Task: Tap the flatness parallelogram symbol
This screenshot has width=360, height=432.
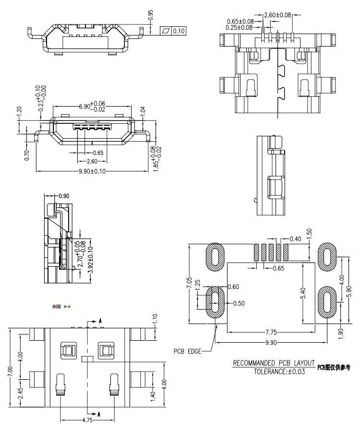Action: [166, 31]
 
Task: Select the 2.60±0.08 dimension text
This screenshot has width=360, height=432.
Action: [278, 15]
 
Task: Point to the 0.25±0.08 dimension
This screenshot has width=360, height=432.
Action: [240, 28]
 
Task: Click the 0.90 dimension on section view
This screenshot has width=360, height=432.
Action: [63, 196]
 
